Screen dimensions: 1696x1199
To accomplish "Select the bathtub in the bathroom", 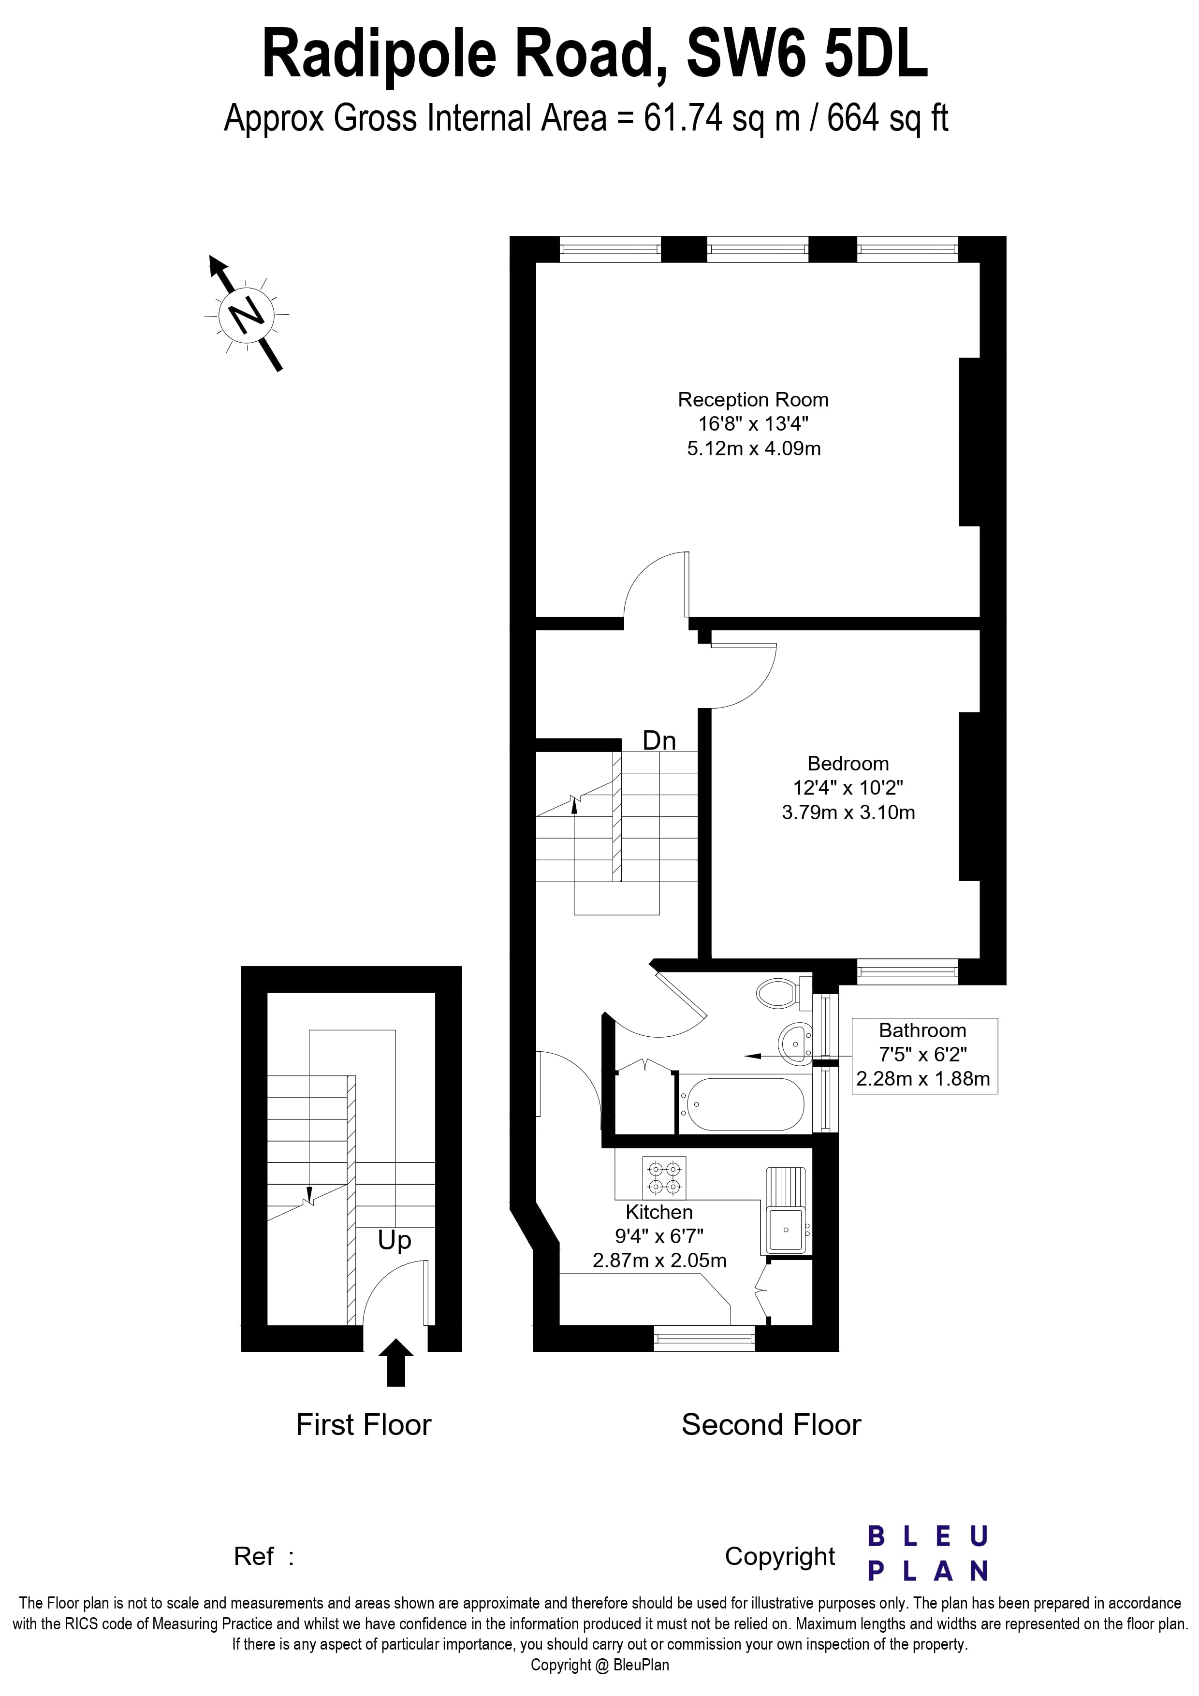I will point(742,1104).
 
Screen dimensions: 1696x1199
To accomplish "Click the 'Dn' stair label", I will point(659,740).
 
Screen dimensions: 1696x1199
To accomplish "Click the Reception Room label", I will point(753,400).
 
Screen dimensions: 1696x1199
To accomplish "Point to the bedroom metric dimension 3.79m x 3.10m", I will point(848,812).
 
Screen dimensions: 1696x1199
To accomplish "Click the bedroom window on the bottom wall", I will point(907,972).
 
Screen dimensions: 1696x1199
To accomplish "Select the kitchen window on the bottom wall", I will point(704,1338).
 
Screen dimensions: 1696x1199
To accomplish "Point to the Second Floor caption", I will point(771,1425).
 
